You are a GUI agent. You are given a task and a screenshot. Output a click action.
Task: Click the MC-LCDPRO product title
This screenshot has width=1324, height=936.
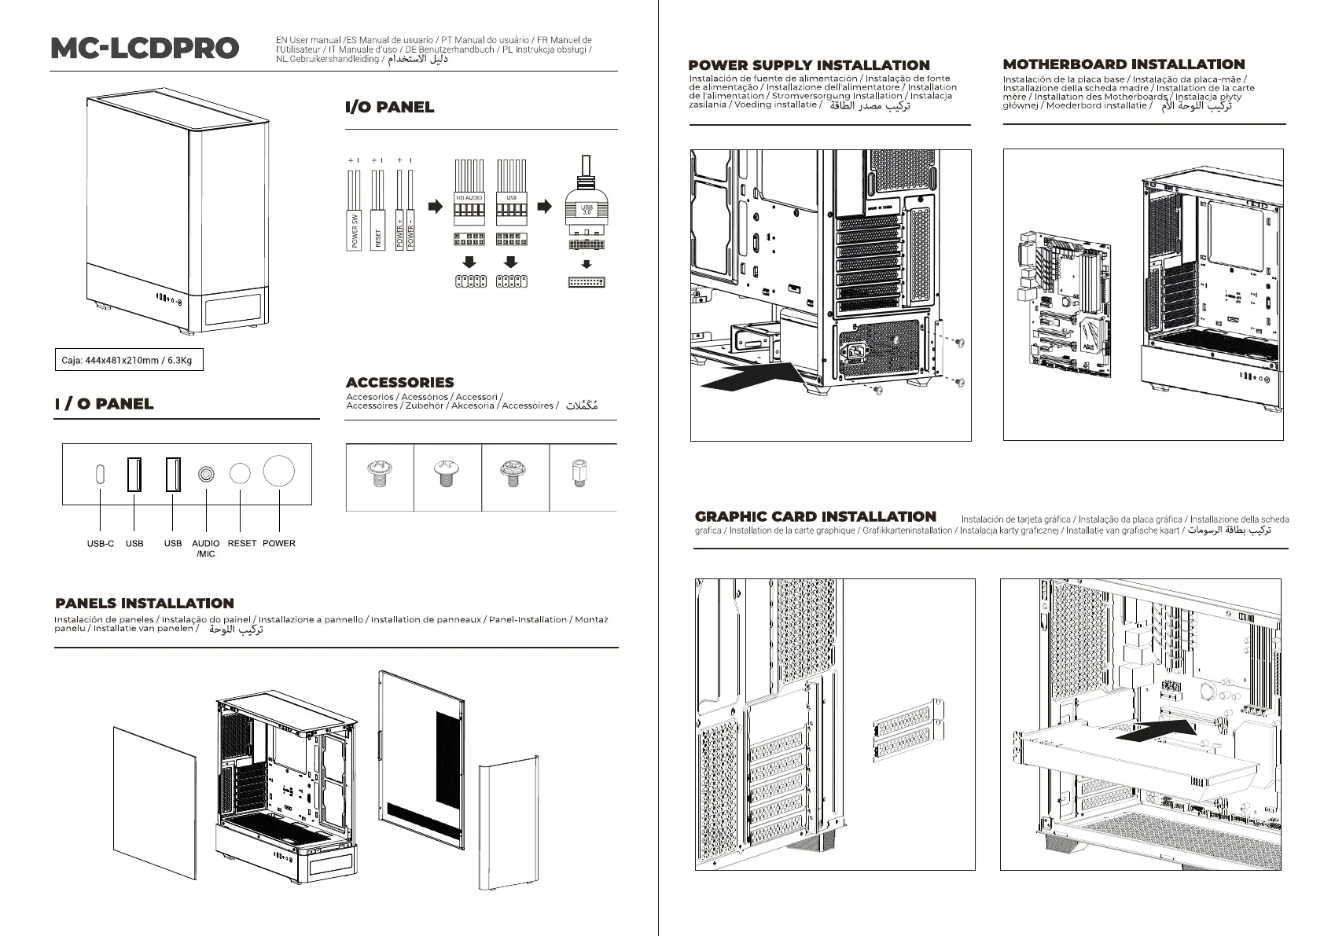145,48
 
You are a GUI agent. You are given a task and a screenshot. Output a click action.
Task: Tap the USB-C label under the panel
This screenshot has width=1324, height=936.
100,543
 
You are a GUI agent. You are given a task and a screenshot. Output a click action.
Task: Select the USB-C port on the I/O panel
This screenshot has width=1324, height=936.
100,474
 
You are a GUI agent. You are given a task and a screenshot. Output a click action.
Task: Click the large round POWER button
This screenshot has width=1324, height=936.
278,472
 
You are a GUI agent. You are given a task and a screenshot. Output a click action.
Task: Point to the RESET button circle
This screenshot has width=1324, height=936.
240,473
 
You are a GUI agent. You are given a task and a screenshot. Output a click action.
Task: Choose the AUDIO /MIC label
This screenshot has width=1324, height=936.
206,548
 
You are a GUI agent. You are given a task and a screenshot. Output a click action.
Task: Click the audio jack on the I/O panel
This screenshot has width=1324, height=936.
206,474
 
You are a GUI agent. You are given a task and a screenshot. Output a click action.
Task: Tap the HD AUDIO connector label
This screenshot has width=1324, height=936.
469,197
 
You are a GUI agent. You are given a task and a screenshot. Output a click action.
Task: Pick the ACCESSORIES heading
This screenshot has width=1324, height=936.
399,383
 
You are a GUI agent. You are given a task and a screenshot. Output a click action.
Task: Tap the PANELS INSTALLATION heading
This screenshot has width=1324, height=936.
145,604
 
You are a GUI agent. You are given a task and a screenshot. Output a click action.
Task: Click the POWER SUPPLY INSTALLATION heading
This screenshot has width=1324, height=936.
809,65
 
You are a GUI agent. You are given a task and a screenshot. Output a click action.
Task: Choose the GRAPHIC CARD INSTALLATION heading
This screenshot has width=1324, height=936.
815,516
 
